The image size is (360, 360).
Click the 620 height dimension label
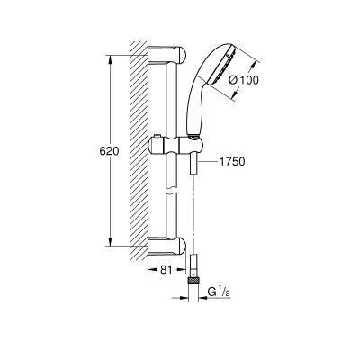click(x=109, y=151)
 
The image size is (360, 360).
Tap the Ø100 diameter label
click(x=243, y=80)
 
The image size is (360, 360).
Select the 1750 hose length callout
click(x=232, y=162)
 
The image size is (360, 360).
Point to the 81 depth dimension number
click(x=166, y=270)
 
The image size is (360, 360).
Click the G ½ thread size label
click(x=219, y=292)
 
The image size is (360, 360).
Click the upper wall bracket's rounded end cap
click(x=182, y=55)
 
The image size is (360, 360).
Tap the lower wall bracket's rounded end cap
click(x=182, y=246)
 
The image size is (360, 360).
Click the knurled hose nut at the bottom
click(x=193, y=281)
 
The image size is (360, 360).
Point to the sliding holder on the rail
click(x=176, y=145)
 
